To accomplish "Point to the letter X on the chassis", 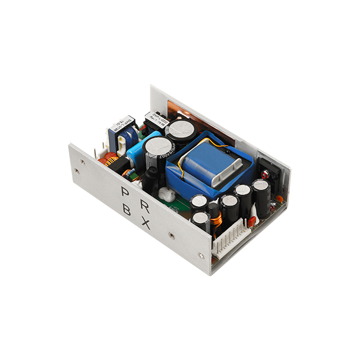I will tap(145, 224).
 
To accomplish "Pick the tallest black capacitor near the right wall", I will tap(261, 197).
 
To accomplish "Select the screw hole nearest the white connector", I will tap(201, 255).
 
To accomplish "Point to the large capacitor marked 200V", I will tap(154, 152).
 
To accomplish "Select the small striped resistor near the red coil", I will tap(128, 173).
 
